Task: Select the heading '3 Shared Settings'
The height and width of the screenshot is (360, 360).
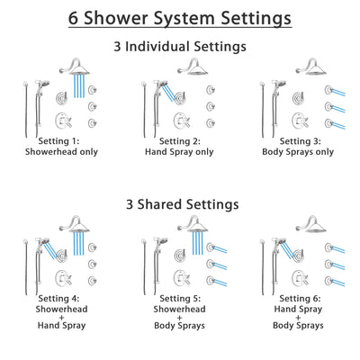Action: (180, 204)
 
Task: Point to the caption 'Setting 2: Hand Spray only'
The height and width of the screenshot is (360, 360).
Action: (180, 147)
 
